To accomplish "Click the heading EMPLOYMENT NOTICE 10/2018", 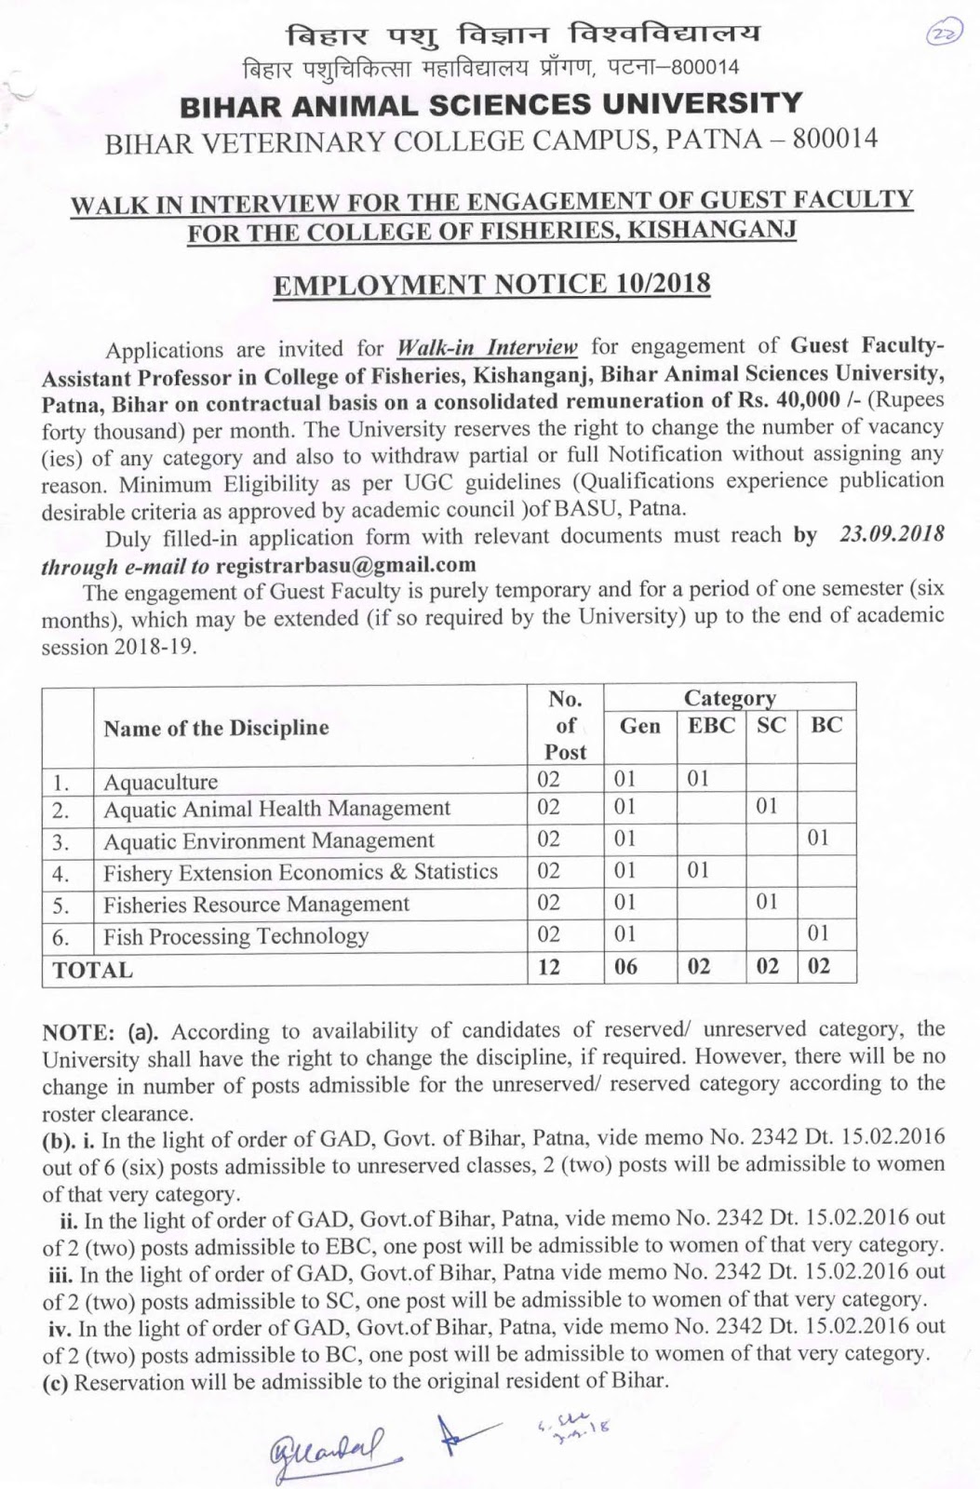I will [491, 283].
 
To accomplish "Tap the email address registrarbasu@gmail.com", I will [345, 565].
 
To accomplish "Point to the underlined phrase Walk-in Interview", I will [487, 348].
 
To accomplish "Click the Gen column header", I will [639, 727].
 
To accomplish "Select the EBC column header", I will [711, 726].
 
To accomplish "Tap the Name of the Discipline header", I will [216, 728].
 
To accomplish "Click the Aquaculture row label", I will [160, 782].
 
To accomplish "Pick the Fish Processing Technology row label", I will [235, 936].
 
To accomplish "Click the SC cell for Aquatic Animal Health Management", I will [766, 807].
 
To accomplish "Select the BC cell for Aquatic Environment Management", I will [817, 838].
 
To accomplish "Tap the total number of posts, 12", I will [549, 967].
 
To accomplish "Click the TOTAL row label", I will [92, 970].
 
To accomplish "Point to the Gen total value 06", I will [626, 967].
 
